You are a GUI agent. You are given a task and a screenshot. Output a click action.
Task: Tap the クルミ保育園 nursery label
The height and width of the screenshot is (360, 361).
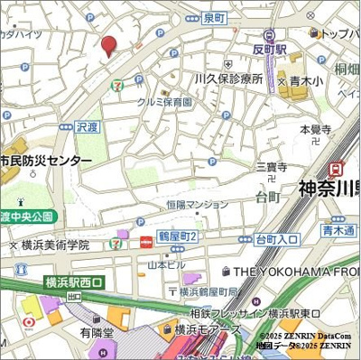pos(164,102)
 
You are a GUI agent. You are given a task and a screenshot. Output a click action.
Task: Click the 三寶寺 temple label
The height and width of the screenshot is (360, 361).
pos(271,167)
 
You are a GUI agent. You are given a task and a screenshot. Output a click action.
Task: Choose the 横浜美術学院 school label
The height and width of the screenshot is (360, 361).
pos(56,245)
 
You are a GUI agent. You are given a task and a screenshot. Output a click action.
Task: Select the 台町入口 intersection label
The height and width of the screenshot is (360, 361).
pos(276,239)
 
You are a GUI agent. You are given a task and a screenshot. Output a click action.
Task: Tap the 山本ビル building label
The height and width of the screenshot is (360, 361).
pos(166,263)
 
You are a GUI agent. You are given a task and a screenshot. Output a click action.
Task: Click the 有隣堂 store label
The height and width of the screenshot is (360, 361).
pos(97,333)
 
